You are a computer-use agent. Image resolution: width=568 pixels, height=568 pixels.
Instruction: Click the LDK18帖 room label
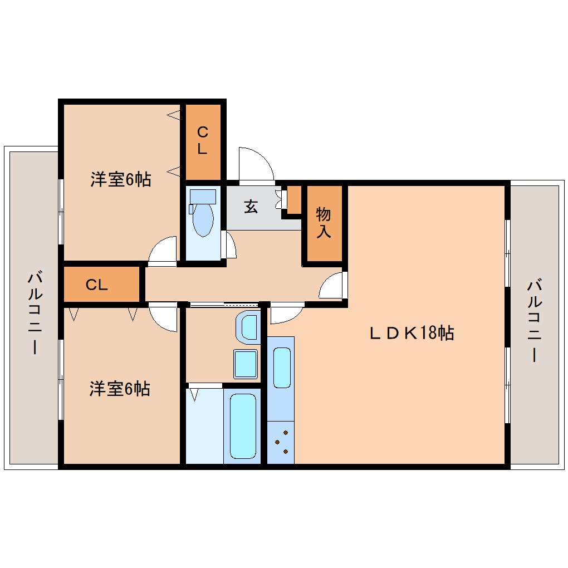412,332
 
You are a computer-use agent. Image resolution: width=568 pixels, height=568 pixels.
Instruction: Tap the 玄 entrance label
251,207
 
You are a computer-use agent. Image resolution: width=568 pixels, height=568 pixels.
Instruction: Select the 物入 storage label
324,222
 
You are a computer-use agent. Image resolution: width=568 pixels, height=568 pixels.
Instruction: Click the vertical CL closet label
203,140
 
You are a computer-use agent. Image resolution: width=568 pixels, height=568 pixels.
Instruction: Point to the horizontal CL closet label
97,285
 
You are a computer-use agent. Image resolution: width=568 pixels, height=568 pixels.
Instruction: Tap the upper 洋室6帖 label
121,179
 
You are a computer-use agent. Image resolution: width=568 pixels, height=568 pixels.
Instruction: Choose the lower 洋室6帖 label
120,389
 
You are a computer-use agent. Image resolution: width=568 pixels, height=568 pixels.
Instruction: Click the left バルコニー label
35,312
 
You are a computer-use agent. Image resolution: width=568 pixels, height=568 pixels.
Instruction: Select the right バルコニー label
535,320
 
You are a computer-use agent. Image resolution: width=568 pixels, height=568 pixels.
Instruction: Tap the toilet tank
203,197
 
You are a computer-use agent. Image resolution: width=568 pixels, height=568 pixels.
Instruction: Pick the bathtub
243,426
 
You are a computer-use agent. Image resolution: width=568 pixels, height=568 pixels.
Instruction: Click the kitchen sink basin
282,368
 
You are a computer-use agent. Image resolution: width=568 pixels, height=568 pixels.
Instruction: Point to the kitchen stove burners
281,442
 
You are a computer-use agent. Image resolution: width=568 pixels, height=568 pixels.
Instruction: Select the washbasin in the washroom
248,327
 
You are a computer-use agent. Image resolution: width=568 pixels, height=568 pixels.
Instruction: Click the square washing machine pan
245,364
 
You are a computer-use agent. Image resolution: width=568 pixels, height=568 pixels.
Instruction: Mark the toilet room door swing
231,244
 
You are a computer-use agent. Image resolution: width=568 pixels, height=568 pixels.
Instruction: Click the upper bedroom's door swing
162,251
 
